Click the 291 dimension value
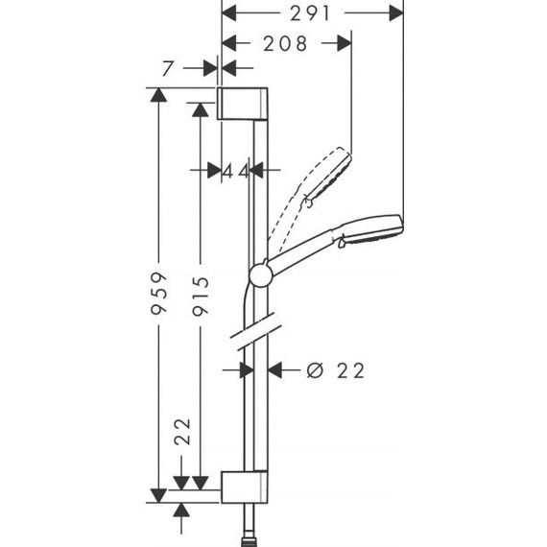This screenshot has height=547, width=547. coord(311,13)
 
